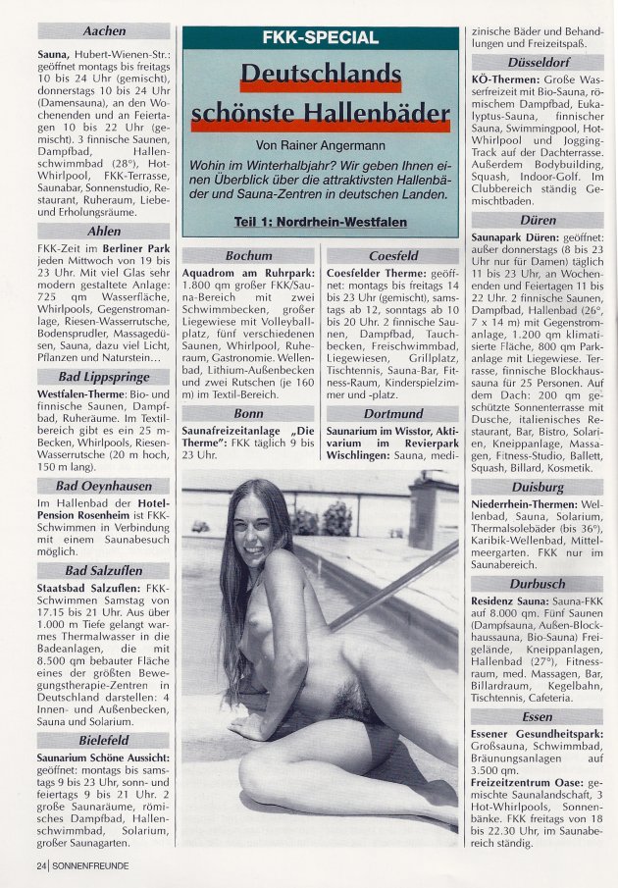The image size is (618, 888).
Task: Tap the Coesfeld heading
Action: (x=392, y=255)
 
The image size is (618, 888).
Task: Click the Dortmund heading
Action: (x=392, y=414)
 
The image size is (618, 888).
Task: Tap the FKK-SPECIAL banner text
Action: (x=321, y=38)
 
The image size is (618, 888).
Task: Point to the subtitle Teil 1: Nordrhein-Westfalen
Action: (x=321, y=222)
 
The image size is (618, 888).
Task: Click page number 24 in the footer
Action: (x=40, y=865)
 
